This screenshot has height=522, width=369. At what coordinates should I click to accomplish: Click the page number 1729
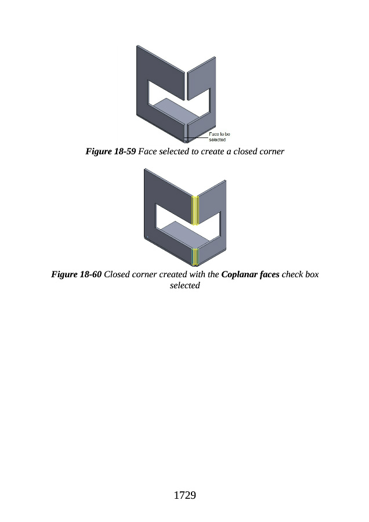[184, 495]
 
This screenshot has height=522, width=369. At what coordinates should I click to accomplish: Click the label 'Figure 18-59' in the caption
[110, 151]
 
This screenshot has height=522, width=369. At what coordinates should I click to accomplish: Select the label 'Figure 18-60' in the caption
[76, 274]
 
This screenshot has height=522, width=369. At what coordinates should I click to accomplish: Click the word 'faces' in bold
[269, 274]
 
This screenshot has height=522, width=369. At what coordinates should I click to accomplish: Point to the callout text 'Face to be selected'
[219, 137]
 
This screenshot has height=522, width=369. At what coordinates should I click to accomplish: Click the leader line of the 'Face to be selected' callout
[196, 138]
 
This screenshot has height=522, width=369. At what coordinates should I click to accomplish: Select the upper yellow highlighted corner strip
[195, 211]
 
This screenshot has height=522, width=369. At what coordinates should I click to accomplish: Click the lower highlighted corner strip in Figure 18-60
[195, 257]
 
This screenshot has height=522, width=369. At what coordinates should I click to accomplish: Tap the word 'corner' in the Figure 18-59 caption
[272, 151]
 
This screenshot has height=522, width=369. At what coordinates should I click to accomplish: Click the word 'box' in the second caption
[312, 274]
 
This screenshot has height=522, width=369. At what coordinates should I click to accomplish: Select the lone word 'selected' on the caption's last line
[184, 285]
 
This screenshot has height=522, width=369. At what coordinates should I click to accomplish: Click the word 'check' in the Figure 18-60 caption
[292, 274]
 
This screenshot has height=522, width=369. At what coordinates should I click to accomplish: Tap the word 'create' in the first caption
[212, 151]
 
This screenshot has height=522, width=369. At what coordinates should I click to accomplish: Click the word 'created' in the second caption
[172, 274]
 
